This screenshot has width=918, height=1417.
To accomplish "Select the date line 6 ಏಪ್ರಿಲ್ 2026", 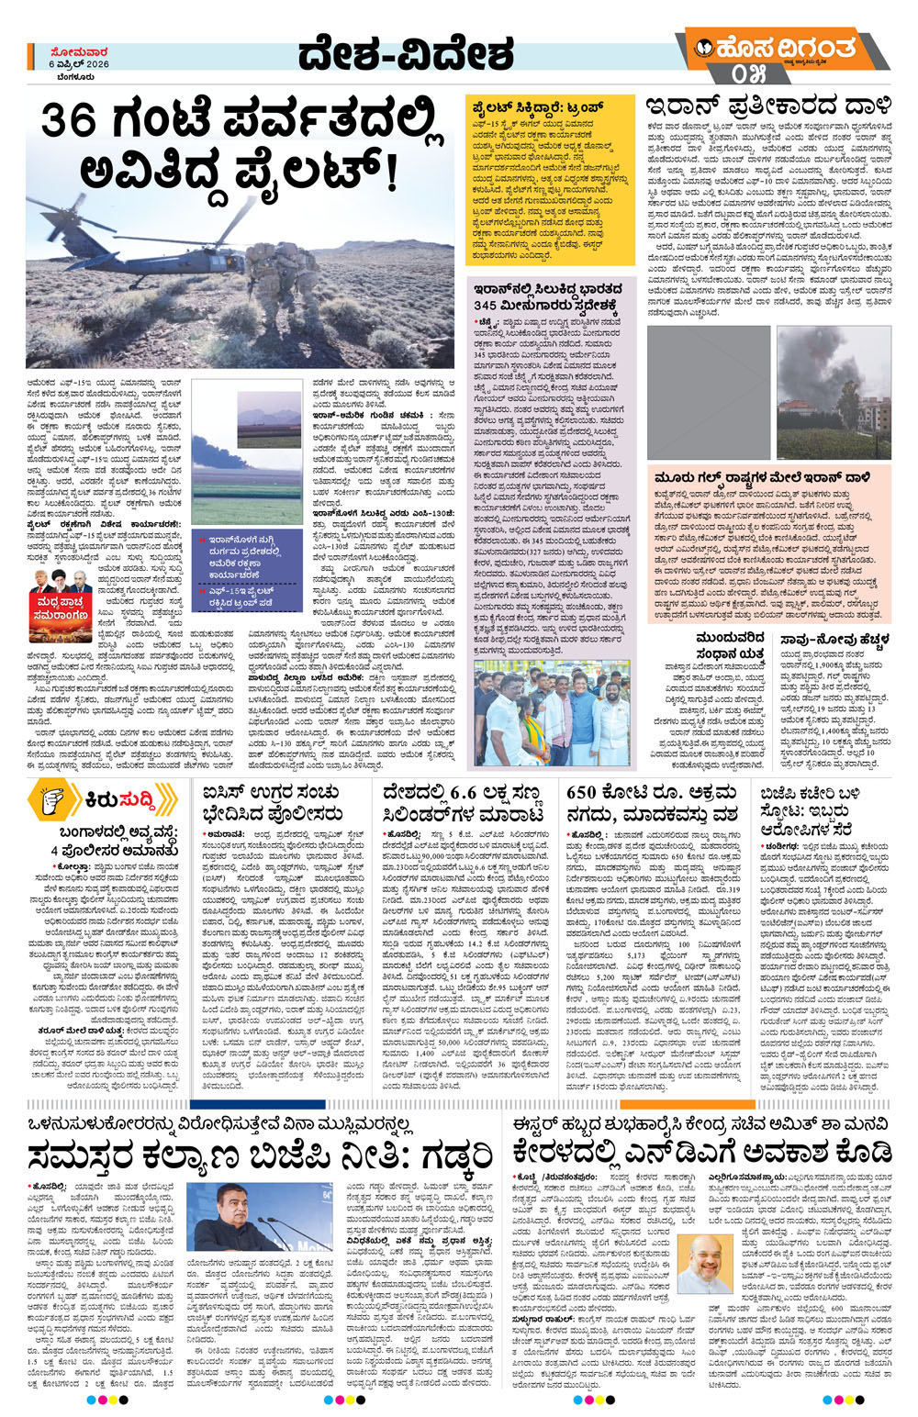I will tap(79, 64).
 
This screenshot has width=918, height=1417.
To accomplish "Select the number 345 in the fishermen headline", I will tap(486, 305).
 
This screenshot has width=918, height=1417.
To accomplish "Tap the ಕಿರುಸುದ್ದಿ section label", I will tap(119, 799).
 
